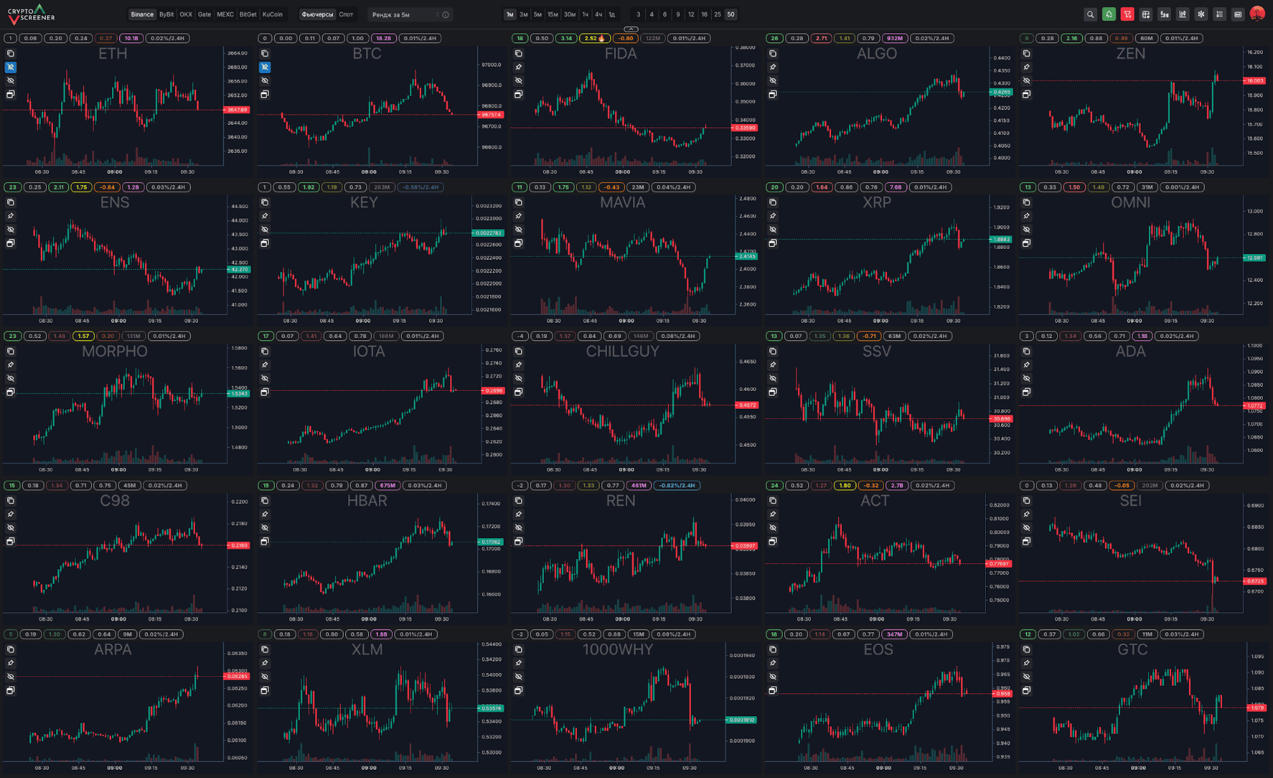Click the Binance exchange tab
coord(142,15)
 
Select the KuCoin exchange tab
coord(273,15)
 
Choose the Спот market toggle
coord(346,15)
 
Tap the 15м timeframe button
coord(553,15)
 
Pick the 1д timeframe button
coord(611,15)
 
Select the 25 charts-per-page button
coord(718,15)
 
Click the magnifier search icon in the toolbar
coord(1090,15)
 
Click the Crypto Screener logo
coord(32,13)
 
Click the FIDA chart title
coord(621,54)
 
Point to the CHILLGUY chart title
coord(622,351)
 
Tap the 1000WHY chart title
coord(618,649)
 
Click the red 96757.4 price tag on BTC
coord(491,115)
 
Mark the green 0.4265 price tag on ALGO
coord(1001,92)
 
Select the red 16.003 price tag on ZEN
coord(1255,81)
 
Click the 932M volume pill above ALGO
coord(895,38)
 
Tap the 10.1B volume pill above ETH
coord(131,38)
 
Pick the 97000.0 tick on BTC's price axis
coord(491,65)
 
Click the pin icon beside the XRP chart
coord(772,216)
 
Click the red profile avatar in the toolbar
coord(1256,14)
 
